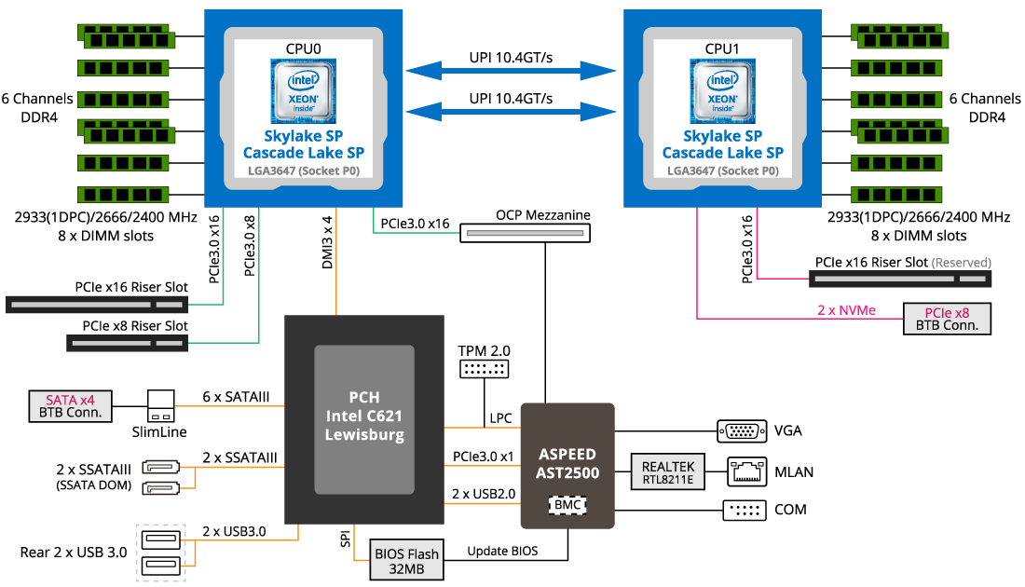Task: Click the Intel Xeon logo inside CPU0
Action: click(303, 90)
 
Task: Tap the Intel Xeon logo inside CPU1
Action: click(722, 90)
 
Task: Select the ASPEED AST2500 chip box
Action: click(567, 465)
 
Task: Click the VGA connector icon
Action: click(742, 430)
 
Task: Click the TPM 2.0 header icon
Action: click(484, 369)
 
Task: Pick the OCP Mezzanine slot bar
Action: click(526, 233)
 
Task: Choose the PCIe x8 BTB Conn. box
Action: click(946, 319)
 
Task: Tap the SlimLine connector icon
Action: click(161, 405)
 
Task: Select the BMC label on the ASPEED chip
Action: click(567, 504)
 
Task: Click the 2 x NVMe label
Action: click(846, 310)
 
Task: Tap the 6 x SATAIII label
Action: click(236, 398)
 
